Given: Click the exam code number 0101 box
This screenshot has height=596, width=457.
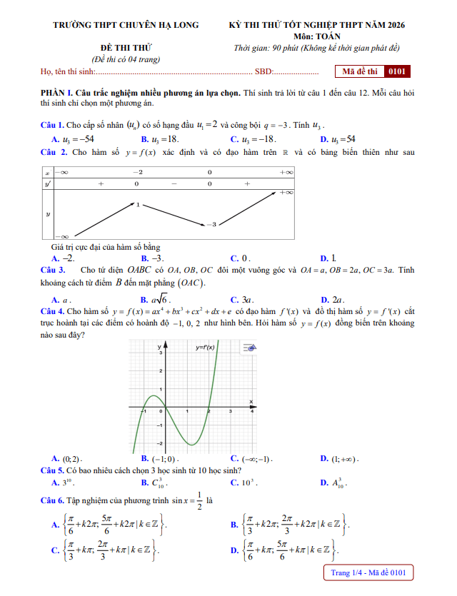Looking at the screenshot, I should click(396, 71).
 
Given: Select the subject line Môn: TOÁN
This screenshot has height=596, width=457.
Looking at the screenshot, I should click(316, 36).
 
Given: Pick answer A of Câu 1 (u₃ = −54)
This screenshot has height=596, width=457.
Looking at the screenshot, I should click(73, 139).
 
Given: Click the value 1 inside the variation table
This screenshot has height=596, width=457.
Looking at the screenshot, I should click(139, 205).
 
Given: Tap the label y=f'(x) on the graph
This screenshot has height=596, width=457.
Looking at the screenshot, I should click(205, 348).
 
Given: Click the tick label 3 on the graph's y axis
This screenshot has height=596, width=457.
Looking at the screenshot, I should click(161, 353).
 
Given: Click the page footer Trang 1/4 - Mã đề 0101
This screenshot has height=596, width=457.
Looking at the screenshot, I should click(368, 572).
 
